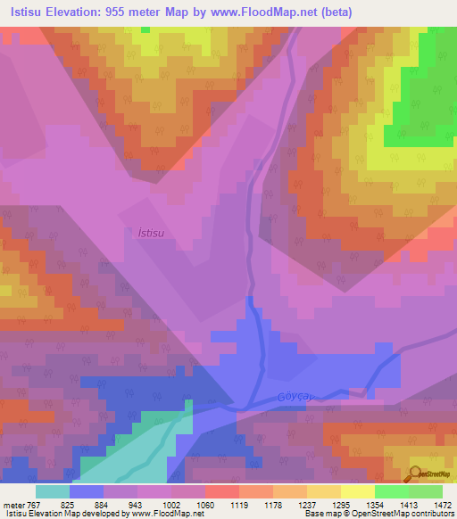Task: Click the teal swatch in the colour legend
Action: (53, 491)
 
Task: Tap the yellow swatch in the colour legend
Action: (357, 491)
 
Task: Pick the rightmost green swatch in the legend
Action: (425, 491)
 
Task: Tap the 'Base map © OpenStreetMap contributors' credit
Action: (378, 513)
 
